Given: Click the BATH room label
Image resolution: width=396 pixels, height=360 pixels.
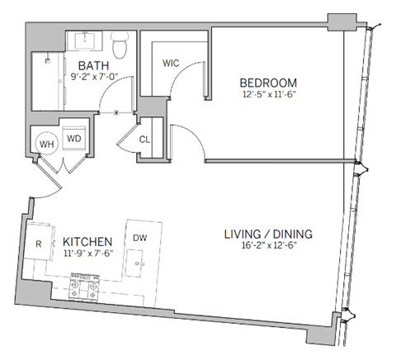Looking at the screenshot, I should (90, 65).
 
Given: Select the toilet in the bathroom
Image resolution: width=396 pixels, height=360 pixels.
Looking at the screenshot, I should (120, 46).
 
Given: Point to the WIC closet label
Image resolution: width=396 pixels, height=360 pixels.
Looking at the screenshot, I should (171, 63).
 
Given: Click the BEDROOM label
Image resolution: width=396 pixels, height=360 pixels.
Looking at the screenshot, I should (267, 83).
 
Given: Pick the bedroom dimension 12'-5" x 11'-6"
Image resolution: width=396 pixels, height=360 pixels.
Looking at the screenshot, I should (267, 95).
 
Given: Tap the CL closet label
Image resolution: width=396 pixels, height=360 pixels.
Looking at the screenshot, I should (144, 140).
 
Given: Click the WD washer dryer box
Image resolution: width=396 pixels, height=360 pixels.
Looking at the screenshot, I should (74, 139).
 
